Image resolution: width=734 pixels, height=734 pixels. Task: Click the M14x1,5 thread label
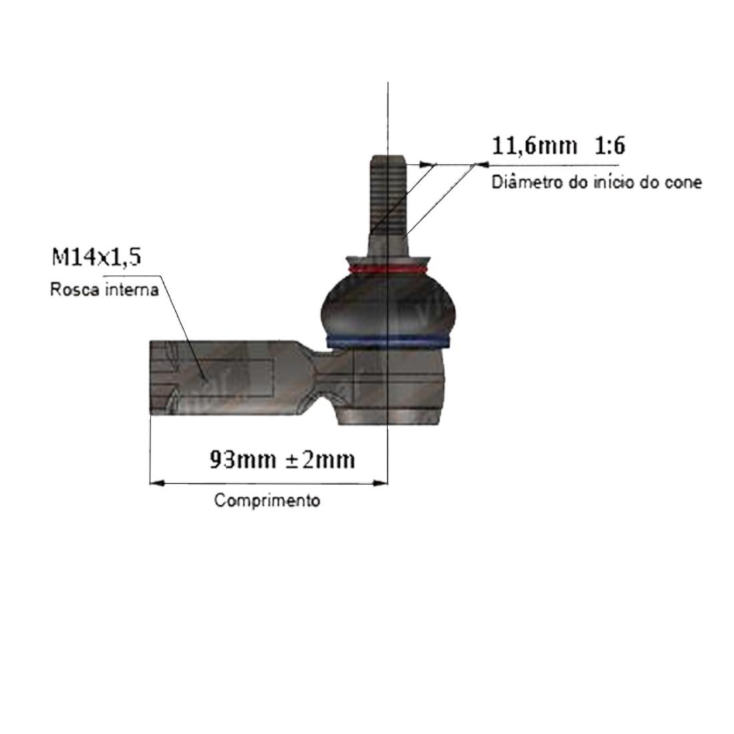tap(97, 257)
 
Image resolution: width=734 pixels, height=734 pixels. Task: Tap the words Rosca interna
tap(104, 290)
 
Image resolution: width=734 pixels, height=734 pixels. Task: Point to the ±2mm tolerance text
tap(320, 460)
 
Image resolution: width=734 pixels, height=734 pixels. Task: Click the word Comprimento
tap(268, 500)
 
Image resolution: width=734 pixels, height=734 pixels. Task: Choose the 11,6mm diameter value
tap(534, 145)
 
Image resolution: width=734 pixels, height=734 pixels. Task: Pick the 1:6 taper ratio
tap(609, 145)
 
